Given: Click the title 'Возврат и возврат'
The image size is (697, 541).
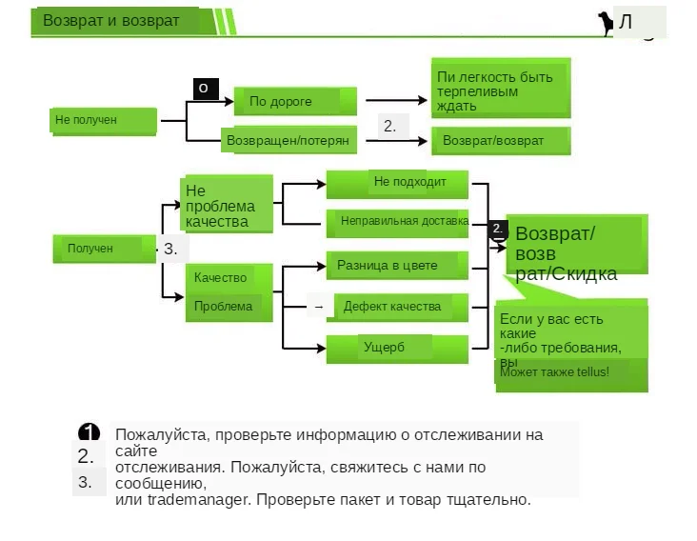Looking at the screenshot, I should [111, 21].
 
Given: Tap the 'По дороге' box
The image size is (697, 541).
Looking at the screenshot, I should [295, 101].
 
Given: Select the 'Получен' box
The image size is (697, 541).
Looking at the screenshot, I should [104, 249].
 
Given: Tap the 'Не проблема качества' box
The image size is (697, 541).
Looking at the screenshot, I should [228, 204].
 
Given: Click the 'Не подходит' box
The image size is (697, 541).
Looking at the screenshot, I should [398, 182].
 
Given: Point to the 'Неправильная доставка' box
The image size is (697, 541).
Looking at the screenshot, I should [398, 222].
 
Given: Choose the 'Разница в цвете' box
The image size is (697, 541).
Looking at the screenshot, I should [398, 266].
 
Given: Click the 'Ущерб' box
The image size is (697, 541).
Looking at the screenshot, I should [398, 349].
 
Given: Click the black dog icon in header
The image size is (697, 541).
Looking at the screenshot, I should [605, 23].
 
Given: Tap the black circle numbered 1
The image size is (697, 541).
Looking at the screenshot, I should [89, 433].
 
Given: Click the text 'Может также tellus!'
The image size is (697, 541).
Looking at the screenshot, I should [554, 371].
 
